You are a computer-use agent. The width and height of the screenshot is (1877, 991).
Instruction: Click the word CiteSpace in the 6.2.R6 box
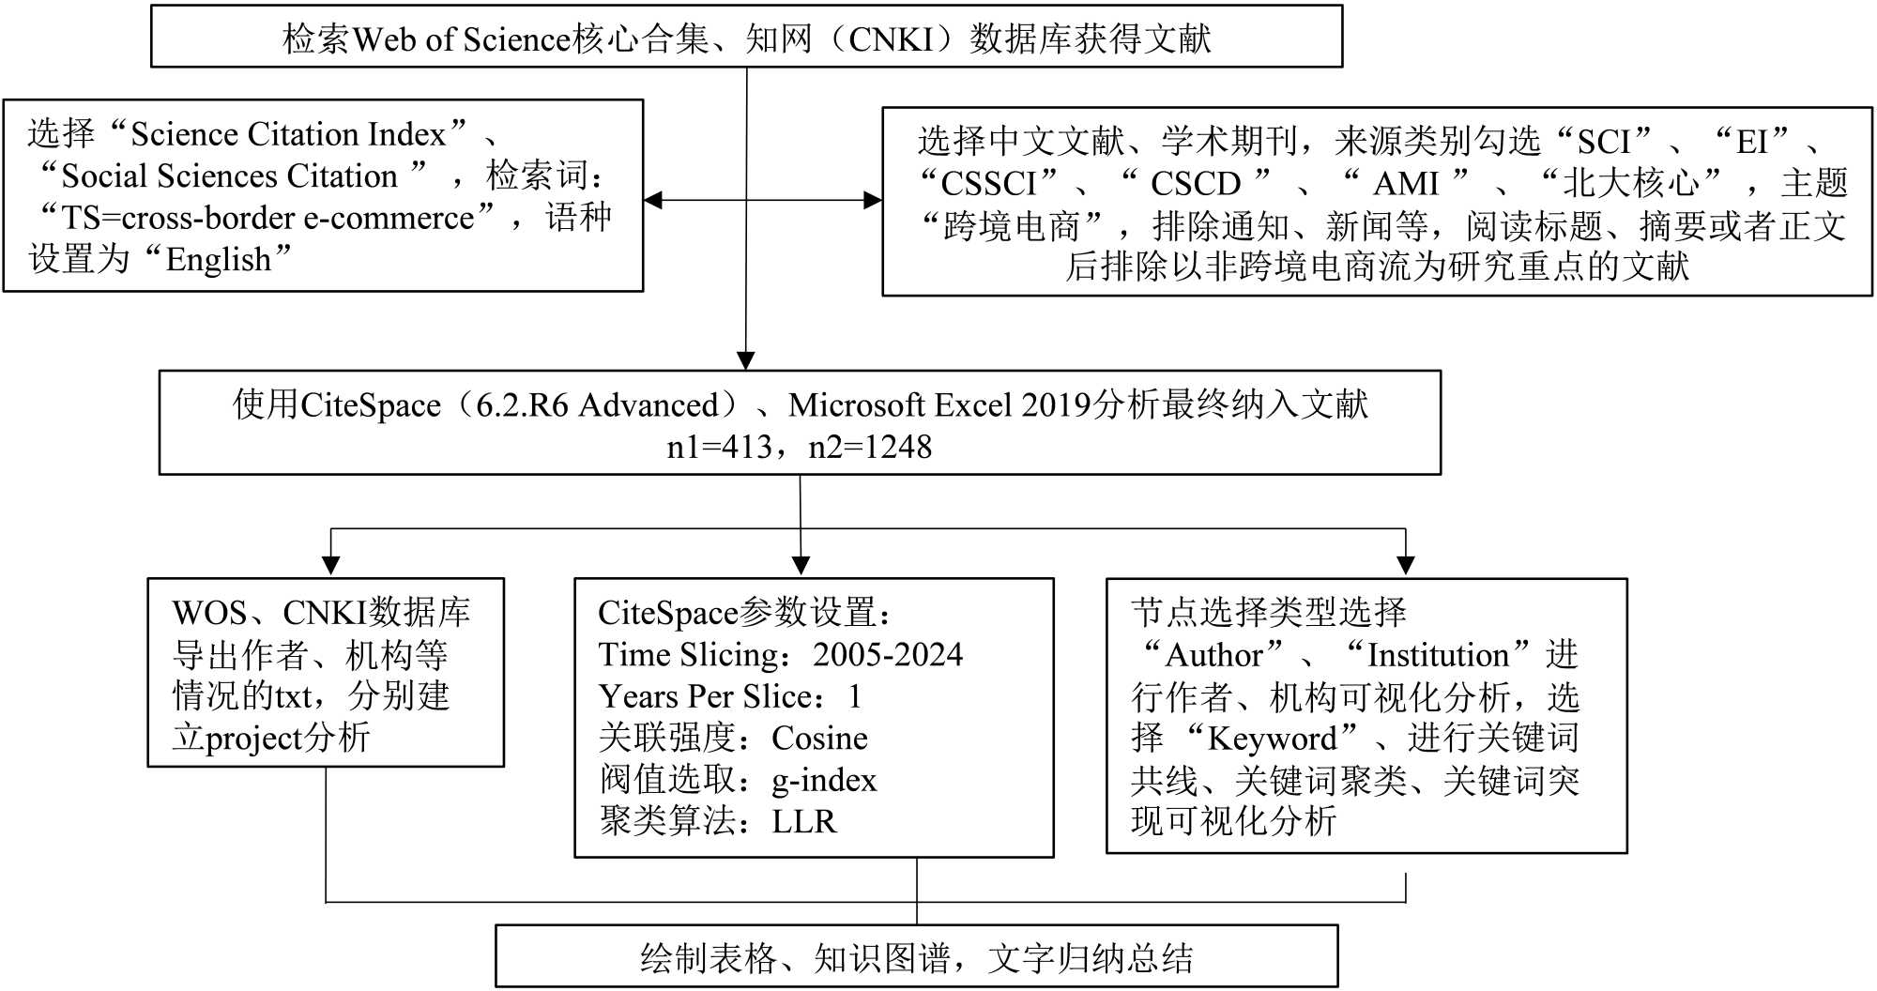pyautogui.click(x=370, y=405)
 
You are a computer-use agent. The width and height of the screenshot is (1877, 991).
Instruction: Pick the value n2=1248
pyautogui.click(x=870, y=447)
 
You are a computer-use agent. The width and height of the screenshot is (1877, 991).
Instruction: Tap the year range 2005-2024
pyautogui.click(x=888, y=654)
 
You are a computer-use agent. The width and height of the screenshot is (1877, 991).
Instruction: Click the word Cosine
pyautogui.click(x=819, y=739)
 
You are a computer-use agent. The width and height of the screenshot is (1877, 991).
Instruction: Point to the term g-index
pyautogui.click(x=824, y=780)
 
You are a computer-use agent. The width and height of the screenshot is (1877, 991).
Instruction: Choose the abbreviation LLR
pyautogui.click(x=803, y=822)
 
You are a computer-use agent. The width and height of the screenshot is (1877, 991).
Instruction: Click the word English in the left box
pyautogui.click(x=219, y=260)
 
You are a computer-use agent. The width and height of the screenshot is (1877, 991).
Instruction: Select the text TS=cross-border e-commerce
pyautogui.click(x=268, y=219)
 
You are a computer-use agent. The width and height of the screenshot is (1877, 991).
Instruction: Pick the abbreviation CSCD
pyautogui.click(x=1196, y=183)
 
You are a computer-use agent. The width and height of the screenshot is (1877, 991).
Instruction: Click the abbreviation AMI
pyautogui.click(x=1406, y=183)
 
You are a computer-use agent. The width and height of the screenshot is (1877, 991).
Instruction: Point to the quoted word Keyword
pyautogui.click(x=1272, y=739)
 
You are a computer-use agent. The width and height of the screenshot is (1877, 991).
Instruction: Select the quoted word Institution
pyautogui.click(x=1438, y=655)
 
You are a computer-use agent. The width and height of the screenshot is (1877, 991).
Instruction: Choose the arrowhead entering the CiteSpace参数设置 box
pyautogui.click(x=801, y=566)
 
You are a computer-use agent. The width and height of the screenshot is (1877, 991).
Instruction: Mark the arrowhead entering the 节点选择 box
pyautogui.click(x=1405, y=566)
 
